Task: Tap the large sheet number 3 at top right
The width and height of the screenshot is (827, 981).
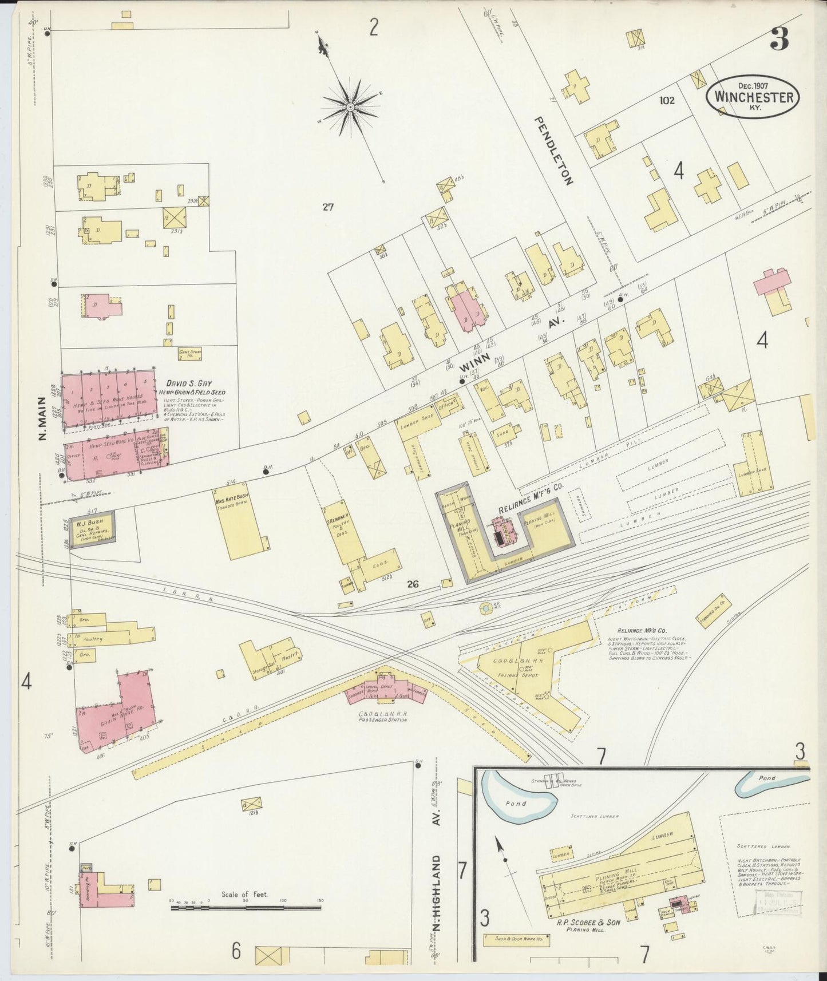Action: (x=778, y=38)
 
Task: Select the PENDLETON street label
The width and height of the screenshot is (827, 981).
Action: (x=553, y=151)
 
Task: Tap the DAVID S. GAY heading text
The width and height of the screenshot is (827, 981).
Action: (x=189, y=382)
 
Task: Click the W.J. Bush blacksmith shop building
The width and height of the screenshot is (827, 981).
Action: (x=93, y=527)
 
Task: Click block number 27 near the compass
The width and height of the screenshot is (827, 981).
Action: (x=327, y=207)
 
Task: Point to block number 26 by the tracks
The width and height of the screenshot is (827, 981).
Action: (x=413, y=584)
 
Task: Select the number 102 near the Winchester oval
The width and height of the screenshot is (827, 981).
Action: (x=667, y=100)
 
